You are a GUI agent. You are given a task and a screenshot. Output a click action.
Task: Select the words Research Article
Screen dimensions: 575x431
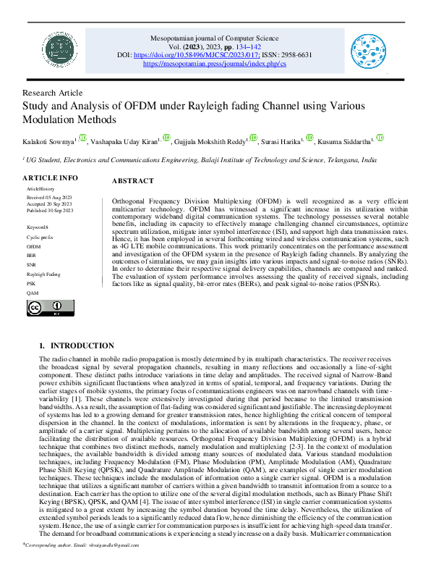click(53, 93)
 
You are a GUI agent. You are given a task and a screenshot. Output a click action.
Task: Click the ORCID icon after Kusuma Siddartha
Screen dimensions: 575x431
click(380, 138)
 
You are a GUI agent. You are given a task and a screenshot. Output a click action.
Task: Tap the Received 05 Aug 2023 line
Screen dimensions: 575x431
click(50, 196)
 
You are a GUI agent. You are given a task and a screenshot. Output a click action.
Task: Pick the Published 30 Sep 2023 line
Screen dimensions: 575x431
click(51, 210)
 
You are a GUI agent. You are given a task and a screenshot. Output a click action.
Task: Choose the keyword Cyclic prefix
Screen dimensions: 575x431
click(39, 237)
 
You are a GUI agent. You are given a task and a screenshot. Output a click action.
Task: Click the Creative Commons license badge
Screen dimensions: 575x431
click(46, 308)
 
